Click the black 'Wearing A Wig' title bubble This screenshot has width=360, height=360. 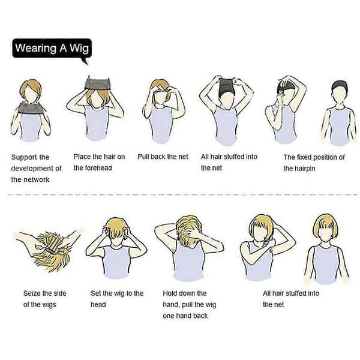tap(52, 48)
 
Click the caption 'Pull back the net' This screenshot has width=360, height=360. tap(163, 157)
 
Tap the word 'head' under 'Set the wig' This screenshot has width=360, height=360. tap(98, 304)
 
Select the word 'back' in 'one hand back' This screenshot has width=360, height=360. tap(200, 316)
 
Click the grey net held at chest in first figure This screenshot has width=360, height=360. tap(31, 109)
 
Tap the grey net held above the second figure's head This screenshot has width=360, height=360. tap(98, 83)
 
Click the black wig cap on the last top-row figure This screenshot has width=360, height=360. tap(340, 85)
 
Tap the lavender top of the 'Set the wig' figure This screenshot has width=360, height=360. tap(116, 262)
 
